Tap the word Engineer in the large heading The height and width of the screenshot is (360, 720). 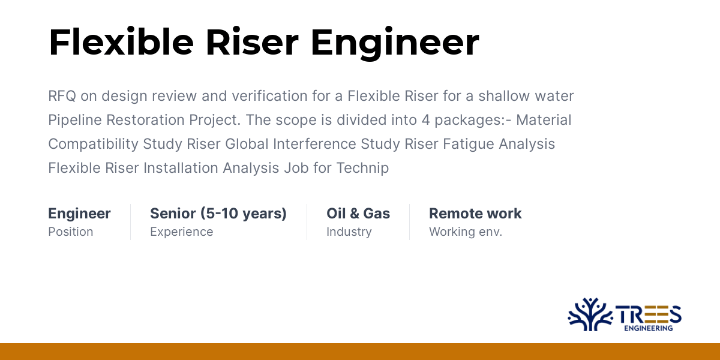pos(395,42)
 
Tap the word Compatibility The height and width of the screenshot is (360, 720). pos(93,144)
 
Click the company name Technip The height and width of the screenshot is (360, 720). pos(365,168)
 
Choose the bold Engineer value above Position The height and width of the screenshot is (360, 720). pos(79,214)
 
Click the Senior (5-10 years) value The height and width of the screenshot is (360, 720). pos(218,214)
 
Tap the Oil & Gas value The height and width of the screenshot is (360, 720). pos(358,214)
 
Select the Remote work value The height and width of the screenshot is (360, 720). pos(475,214)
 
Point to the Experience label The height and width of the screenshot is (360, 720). pos(181,232)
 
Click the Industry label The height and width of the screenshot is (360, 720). pos(349,232)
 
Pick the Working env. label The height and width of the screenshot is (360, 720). pos(465,232)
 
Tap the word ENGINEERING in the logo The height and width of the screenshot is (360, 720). pos(648,328)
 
